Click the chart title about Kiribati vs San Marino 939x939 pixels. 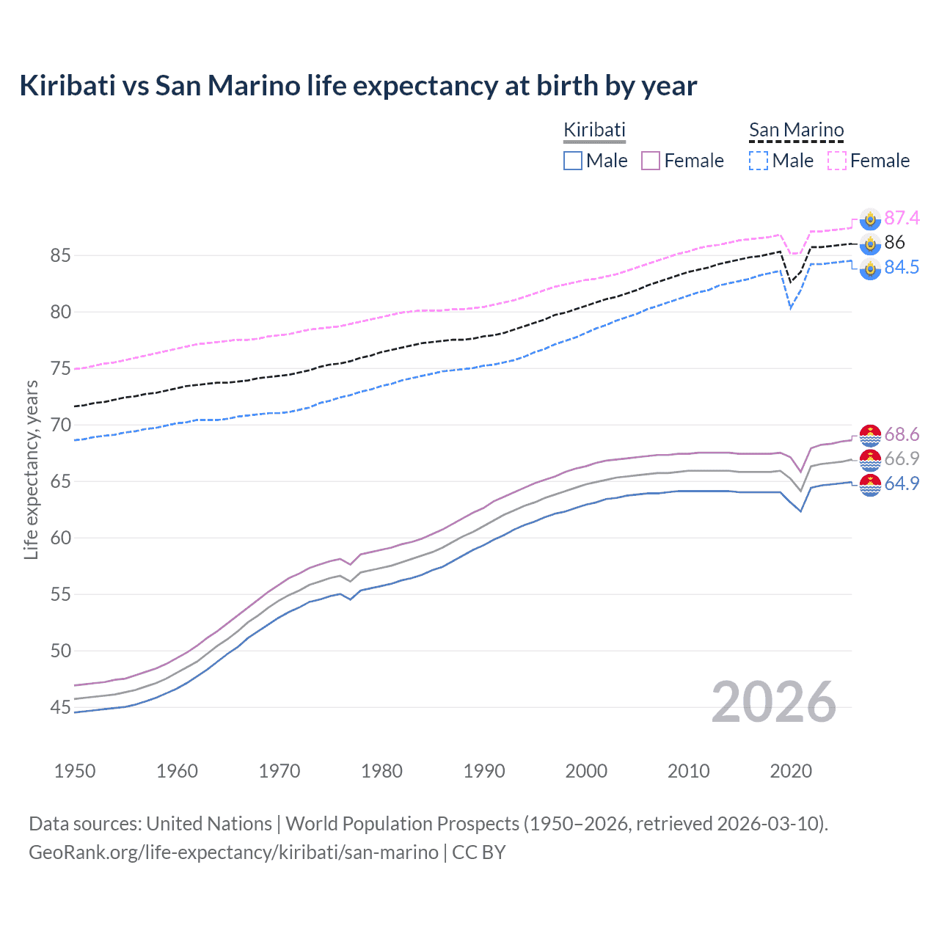pyautogui.click(x=358, y=86)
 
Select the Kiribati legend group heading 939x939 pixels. pyautogui.click(x=594, y=130)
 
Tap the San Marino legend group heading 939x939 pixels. pyautogui.click(x=796, y=130)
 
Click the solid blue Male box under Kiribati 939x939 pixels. pyautogui.click(x=573, y=161)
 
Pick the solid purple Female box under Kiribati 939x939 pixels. pyautogui.click(x=651, y=161)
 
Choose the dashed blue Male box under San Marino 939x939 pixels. pyautogui.click(x=759, y=161)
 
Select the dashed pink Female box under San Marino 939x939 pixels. pyautogui.click(x=837, y=161)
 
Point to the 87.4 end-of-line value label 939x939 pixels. pyautogui.click(x=902, y=218)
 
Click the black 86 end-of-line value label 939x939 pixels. pyautogui.click(x=894, y=243)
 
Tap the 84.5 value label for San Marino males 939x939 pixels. pyautogui.click(x=902, y=268)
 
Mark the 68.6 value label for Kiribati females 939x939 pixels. pyautogui.click(x=902, y=435)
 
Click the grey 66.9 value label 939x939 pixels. pyautogui.click(x=902, y=459)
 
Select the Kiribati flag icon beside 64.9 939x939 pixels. pyautogui.click(x=870, y=485)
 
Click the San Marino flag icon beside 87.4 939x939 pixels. pyautogui.click(x=870, y=219)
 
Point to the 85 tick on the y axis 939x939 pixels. pyautogui.click(x=60, y=256)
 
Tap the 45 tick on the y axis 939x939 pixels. pyautogui.click(x=60, y=708)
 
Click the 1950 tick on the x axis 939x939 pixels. pyautogui.click(x=75, y=771)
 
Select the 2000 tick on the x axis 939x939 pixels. pyautogui.click(x=586, y=771)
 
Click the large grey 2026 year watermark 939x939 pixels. pyautogui.click(x=774, y=702)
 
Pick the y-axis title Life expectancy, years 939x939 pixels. pyautogui.click(x=32, y=470)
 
